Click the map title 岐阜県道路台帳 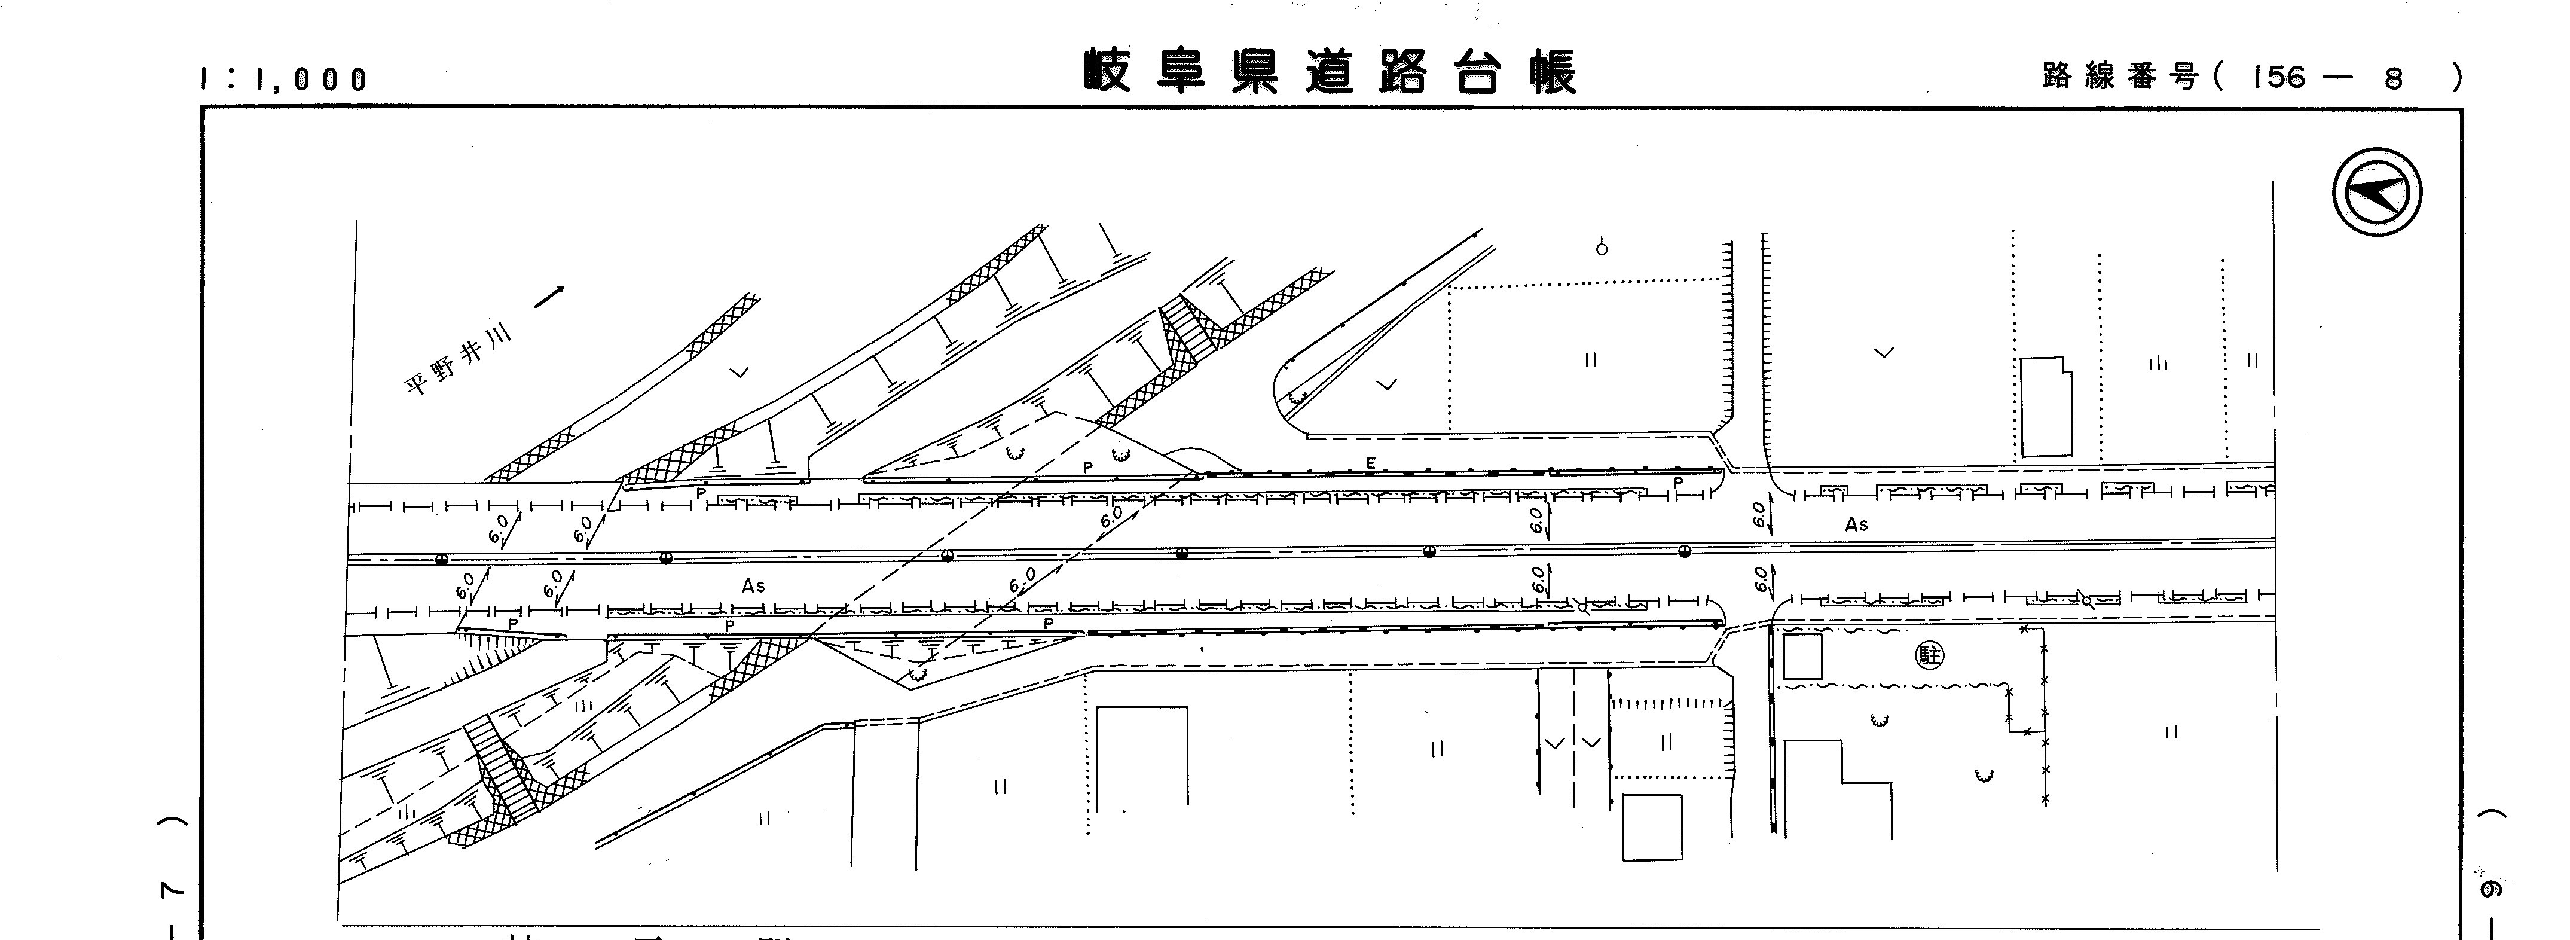point(1330,72)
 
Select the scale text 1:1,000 point(285,79)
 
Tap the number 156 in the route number point(2279,77)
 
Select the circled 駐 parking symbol point(1930,655)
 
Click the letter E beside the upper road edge point(1371,463)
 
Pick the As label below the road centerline point(753,586)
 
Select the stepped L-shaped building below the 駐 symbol point(1836,788)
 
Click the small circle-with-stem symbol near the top point(1602,246)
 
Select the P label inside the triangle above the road point(1087,467)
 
